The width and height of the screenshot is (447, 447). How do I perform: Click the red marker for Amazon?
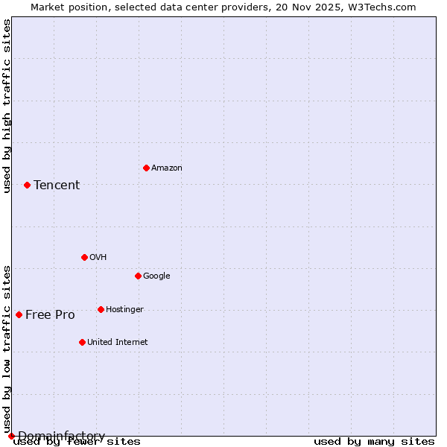[146, 168]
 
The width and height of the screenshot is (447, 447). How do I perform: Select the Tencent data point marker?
[27, 185]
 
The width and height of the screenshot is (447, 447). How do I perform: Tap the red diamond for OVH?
[84, 257]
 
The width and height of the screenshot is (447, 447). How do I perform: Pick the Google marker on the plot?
[138, 276]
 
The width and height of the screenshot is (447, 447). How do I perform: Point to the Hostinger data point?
[101, 309]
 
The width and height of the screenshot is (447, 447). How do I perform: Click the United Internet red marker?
[82, 342]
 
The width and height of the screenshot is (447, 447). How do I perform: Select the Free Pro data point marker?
[19, 314]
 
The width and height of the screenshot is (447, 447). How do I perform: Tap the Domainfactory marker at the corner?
[11, 436]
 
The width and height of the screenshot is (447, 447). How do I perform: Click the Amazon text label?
[166, 168]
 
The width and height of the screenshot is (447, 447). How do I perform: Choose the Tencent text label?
[57, 186]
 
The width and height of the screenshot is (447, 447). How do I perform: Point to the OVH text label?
[98, 258]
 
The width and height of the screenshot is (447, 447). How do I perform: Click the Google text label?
[156, 276]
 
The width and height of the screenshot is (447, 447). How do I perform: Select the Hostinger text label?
[124, 310]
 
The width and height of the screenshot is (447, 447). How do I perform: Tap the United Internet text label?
[117, 343]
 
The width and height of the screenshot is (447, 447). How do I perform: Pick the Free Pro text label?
[50, 315]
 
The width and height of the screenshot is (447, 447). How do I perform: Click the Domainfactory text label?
[61, 436]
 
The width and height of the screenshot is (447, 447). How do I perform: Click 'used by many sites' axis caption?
[374, 442]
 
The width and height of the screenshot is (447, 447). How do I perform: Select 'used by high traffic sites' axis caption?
[7, 106]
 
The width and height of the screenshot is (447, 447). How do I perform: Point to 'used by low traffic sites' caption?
[7, 349]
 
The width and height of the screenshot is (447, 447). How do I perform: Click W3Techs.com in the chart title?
[384, 7]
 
